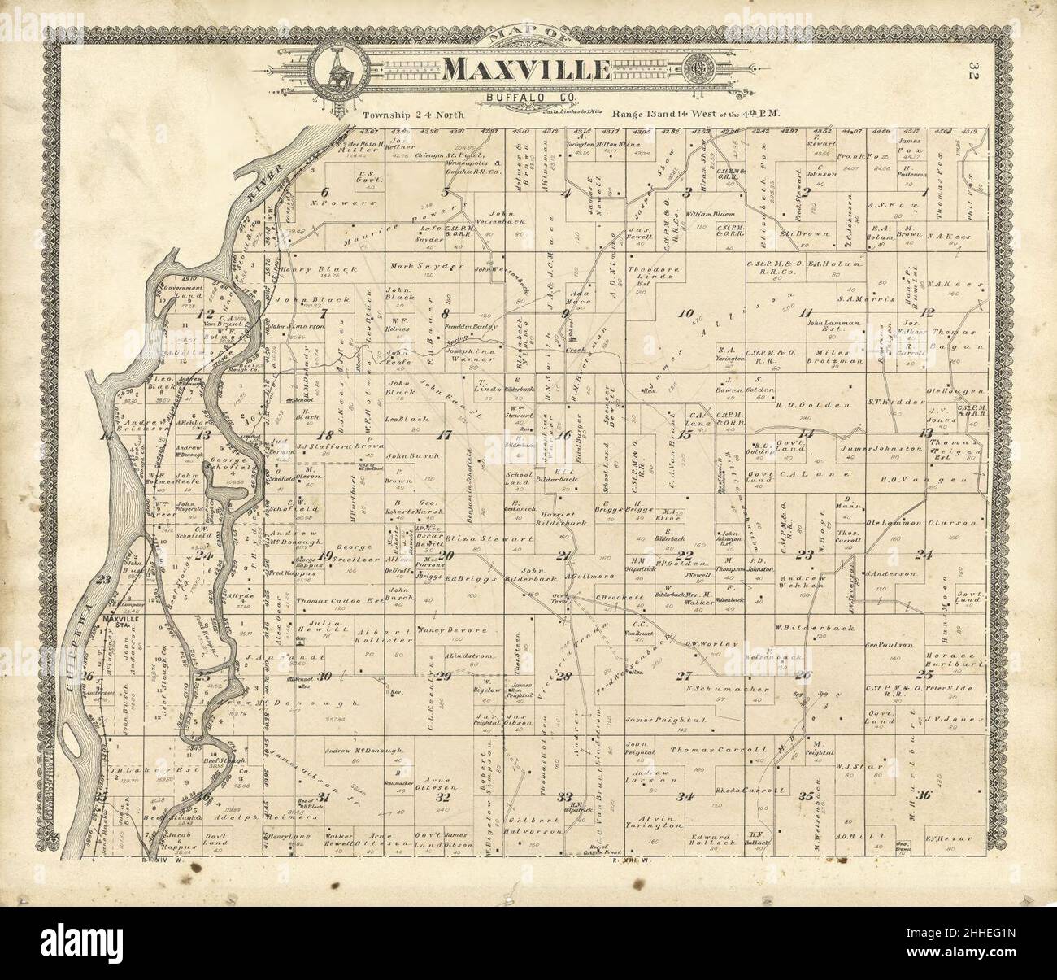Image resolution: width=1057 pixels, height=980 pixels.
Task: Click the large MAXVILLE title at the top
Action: (527, 70)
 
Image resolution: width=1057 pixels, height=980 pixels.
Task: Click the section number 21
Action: (562, 556)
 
